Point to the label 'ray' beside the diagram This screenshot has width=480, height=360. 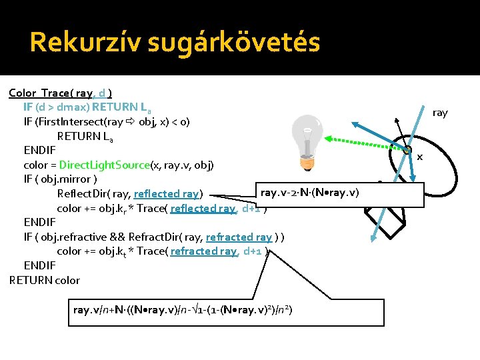click(x=440, y=113)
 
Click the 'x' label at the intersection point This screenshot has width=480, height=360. click(x=420, y=157)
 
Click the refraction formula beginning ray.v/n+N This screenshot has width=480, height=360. click(x=183, y=310)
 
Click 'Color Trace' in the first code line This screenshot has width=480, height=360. click(x=41, y=93)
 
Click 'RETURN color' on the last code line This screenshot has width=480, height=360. click(x=45, y=280)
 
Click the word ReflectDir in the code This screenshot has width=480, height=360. click(x=83, y=194)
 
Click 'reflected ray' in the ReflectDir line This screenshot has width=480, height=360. click(x=167, y=194)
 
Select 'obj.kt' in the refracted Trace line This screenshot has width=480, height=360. click(x=115, y=251)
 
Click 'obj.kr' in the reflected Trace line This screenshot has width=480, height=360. click(x=115, y=209)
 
